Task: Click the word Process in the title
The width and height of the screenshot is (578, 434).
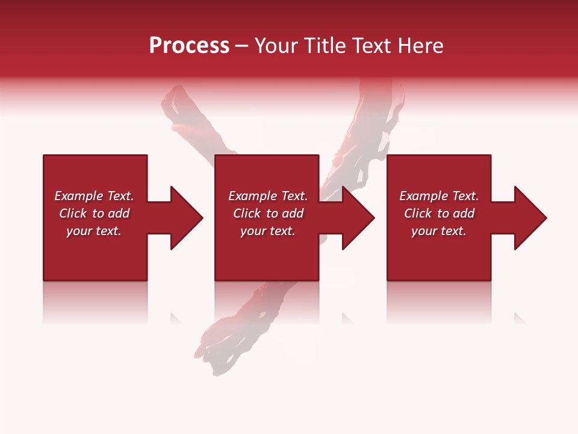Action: (189, 46)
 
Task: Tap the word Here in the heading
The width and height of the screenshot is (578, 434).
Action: (421, 46)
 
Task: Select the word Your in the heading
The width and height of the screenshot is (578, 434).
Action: (276, 46)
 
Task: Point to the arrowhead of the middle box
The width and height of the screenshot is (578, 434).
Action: (357, 218)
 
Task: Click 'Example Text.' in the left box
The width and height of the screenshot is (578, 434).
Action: (94, 196)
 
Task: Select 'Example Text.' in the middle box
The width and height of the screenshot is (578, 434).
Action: (268, 196)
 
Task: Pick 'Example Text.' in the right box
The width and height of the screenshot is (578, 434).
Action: (439, 196)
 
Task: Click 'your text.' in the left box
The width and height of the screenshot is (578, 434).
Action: (94, 231)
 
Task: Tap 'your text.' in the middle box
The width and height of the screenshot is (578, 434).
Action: (268, 231)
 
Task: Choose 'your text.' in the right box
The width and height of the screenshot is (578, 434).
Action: (439, 231)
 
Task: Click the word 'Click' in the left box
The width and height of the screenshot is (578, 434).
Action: (73, 213)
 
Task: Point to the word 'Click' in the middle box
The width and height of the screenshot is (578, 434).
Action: (247, 213)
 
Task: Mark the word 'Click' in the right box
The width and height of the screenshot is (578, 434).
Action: (418, 213)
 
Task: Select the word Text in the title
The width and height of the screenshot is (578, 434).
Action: (370, 46)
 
